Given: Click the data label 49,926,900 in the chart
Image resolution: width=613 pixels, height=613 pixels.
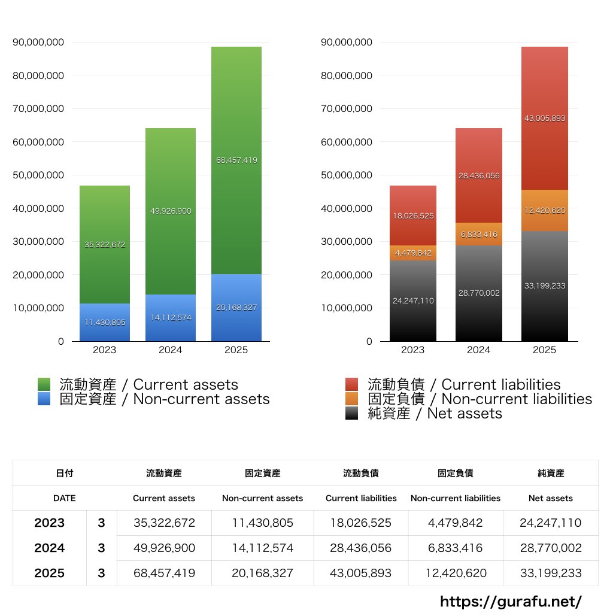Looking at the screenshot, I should coord(171,211).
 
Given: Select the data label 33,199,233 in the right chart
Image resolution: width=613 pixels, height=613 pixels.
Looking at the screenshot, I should coord(544,286).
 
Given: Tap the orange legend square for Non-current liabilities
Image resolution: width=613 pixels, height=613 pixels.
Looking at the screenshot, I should coord(352,399).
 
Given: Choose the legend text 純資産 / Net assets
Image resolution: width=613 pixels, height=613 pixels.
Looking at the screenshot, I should coord(435,413).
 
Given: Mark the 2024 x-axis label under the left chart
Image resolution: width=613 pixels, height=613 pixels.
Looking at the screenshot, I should coord(171,350).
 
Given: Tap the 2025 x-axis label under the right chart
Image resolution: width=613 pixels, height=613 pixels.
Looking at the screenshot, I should coord(544,350).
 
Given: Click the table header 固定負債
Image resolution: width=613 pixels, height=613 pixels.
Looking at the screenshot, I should coord(455,473).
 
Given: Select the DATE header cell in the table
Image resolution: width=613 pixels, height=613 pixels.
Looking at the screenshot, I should coord(65,498).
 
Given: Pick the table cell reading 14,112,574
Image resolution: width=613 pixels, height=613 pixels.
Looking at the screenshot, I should coord(262,548).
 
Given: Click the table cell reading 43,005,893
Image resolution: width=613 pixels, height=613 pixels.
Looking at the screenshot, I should coord(360,573).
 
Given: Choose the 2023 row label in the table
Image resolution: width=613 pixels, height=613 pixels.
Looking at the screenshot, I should coord(50,523).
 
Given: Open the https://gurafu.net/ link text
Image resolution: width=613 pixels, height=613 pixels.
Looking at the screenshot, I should coord(511,601).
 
